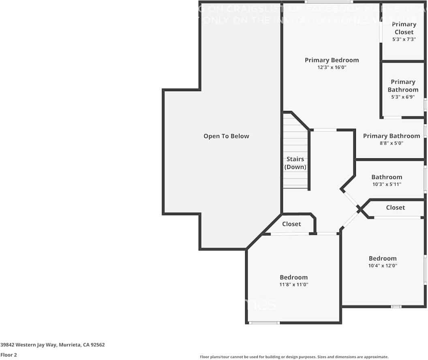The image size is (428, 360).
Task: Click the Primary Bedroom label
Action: [332, 60]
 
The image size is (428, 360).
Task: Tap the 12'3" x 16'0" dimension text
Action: [332, 68]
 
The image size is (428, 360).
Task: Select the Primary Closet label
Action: [404, 28]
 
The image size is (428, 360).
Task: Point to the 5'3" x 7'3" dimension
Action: [404, 39]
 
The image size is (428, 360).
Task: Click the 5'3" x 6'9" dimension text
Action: [403, 97]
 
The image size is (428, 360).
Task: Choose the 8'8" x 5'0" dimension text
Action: [391, 143]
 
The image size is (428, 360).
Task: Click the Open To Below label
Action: [226, 136]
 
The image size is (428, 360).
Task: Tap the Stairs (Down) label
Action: [295, 163]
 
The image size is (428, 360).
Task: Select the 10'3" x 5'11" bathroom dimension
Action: [387, 184]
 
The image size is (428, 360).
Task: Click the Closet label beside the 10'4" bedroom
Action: [395, 207]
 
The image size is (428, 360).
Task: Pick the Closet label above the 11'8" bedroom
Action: [291, 224]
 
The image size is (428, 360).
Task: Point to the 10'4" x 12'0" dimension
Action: [383, 266]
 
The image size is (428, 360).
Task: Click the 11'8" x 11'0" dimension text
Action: [293, 285]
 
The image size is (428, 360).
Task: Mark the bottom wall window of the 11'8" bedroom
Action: [264, 323]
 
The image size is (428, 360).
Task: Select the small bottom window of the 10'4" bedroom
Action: [396, 307]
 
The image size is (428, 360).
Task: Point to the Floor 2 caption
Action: [9, 355]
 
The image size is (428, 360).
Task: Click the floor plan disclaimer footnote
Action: [294, 357]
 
